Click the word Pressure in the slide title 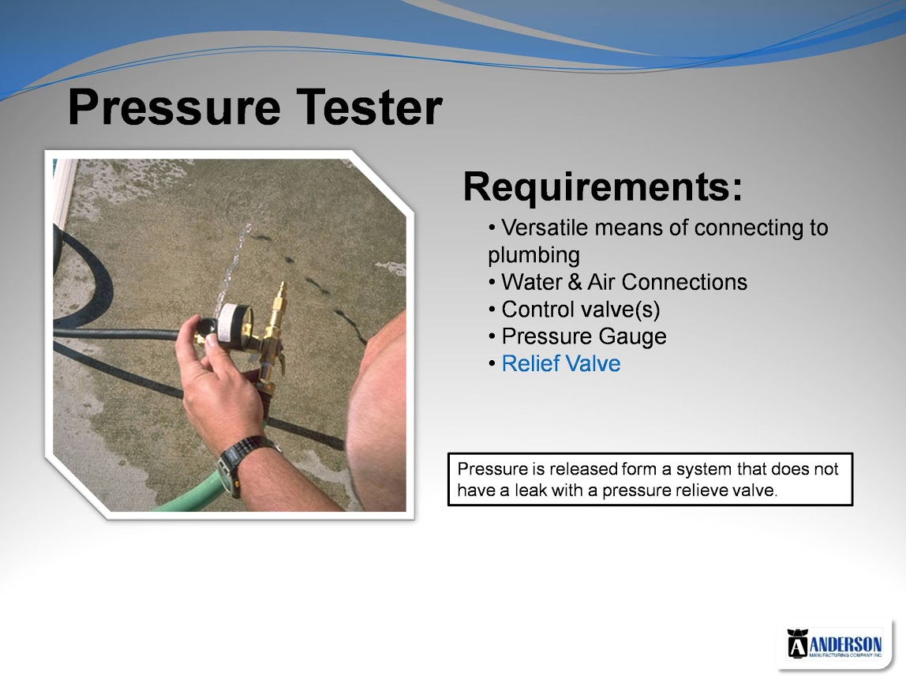coord(174,108)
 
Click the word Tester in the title coord(369,107)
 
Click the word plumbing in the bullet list coord(533,256)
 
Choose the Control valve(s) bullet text coord(581,310)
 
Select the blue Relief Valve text coord(561,364)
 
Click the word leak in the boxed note coord(530,490)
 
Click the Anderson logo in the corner coord(834,644)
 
